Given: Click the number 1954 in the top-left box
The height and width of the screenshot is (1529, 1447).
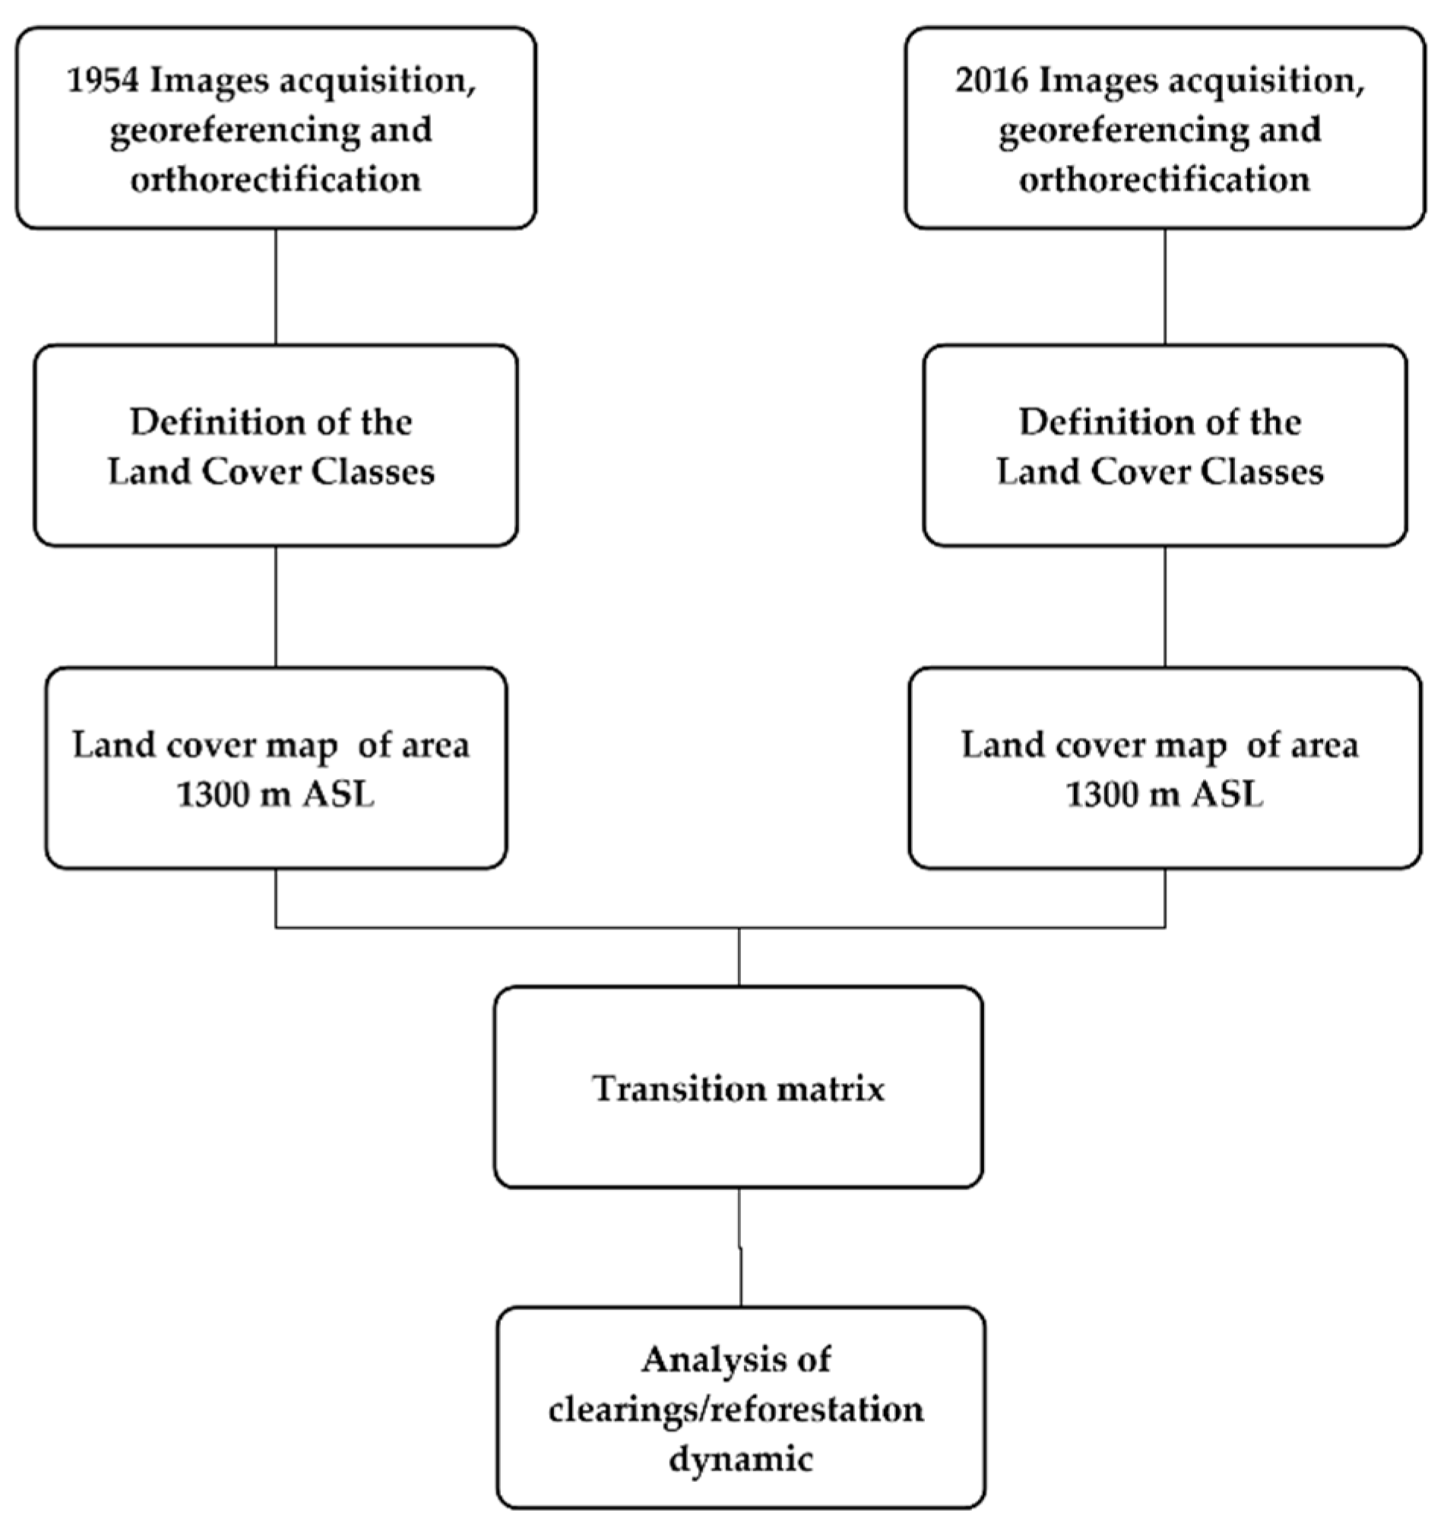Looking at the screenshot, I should coord(103,81).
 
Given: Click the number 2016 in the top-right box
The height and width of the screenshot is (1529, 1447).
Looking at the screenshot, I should coord(991,81).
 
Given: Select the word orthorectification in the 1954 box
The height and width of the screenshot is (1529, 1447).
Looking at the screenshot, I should coord(275,180).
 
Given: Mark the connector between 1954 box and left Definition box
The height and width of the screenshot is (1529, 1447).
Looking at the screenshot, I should coord(275,286).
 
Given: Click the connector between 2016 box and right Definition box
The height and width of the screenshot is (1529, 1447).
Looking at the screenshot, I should coord(1165,286).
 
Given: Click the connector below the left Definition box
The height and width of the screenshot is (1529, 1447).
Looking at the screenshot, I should coord(275,606).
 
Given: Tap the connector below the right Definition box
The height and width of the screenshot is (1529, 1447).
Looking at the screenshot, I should coord(1165,606).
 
